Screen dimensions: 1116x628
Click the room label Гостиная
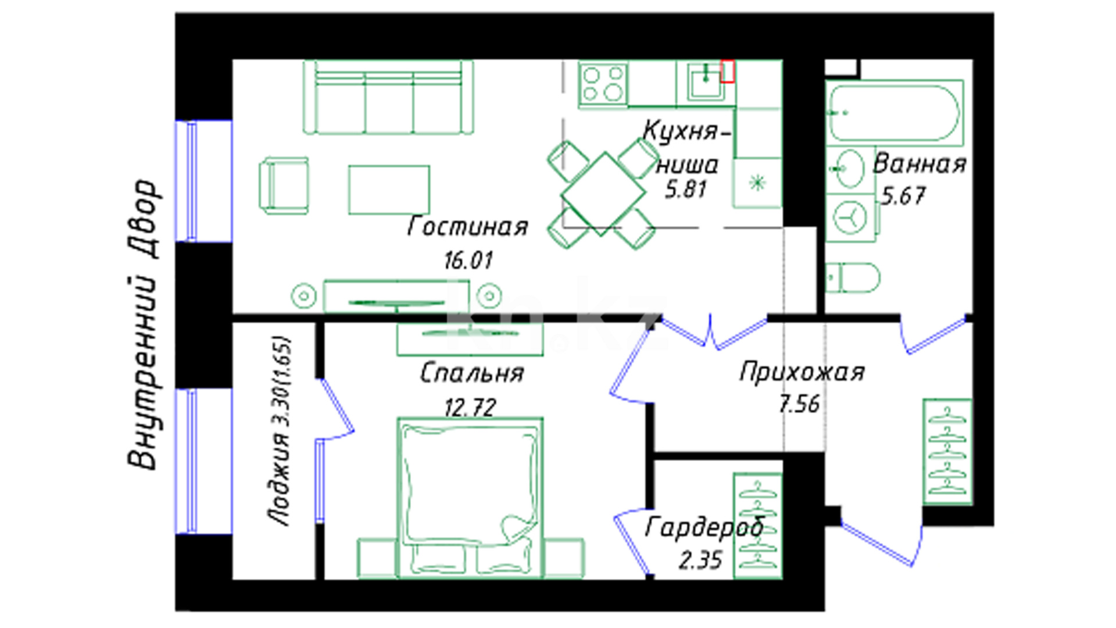point(468,227)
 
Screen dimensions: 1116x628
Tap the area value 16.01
point(468,260)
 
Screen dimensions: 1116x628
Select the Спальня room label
point(471,373)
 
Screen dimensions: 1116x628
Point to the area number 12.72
point(470,407)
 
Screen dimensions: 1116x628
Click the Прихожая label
point(802,372)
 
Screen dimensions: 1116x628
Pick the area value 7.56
point(799,404)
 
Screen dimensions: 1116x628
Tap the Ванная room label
point(920,164)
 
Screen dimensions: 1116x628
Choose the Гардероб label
point(704,527)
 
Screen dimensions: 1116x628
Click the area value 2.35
point(700,561)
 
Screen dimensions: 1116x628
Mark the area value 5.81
point(686,190)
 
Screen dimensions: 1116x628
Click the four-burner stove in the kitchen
point(603,84)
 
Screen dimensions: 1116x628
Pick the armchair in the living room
point(284,185)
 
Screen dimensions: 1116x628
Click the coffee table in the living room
point(389,190)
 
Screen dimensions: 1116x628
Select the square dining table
point(603,194)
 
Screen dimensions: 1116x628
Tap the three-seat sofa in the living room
point(388,97)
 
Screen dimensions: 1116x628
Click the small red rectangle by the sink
point(727,71)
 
